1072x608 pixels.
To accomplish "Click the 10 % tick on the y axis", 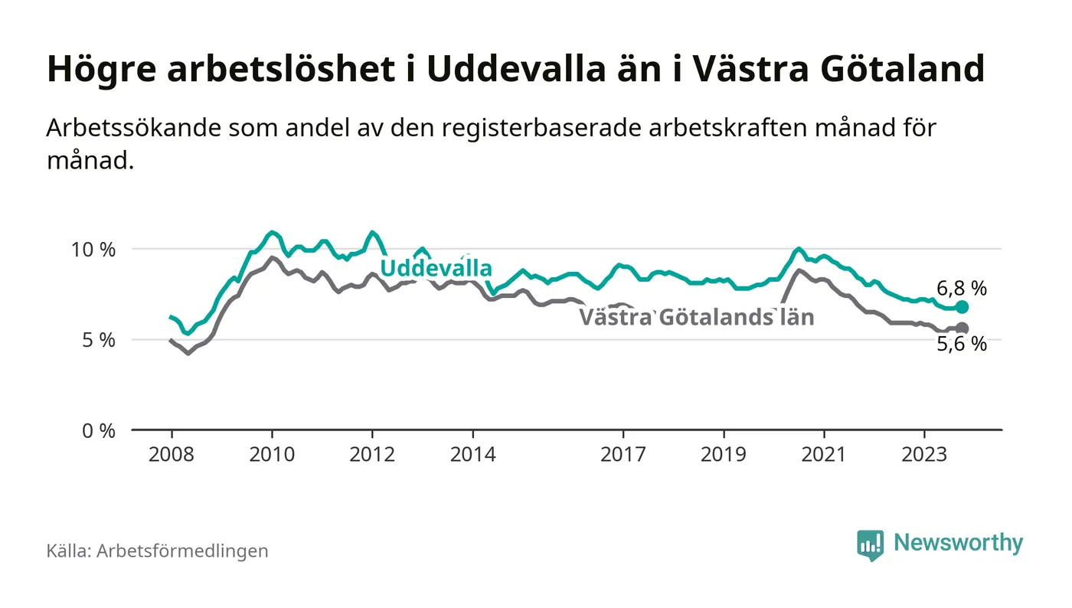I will (x=95, y=250).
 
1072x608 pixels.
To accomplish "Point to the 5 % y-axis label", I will (x=100, y=340).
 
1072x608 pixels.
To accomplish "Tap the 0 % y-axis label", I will (x=100, y=431).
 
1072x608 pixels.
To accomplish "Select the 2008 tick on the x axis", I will (x=172, y=454).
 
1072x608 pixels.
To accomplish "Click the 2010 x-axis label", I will (x=272, y=454).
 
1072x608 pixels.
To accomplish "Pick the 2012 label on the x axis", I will (x=372, y=454).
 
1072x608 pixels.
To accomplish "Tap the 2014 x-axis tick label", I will (x=473, y=454).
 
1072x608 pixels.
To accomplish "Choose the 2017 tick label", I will (x=623, y=454).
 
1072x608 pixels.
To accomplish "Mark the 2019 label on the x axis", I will (x=724, y=454).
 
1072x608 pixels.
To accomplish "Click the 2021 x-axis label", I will (x=824, y=454).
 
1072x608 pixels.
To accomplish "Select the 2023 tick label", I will (x=924, y=454).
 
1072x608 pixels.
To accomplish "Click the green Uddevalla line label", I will (x=436, y=269).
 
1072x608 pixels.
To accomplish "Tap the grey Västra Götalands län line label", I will (x=696, y=317).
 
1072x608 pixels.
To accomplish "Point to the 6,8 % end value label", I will (x=962, y=289).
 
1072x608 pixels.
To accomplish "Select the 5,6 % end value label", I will (x=962, y=345).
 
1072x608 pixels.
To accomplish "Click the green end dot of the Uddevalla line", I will (x=963, y=307).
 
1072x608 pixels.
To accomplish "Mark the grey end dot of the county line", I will (x=963, y=329).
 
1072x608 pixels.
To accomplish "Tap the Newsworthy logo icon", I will (x=870, y=544).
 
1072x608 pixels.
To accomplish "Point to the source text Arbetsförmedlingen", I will (x=182, y=551).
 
